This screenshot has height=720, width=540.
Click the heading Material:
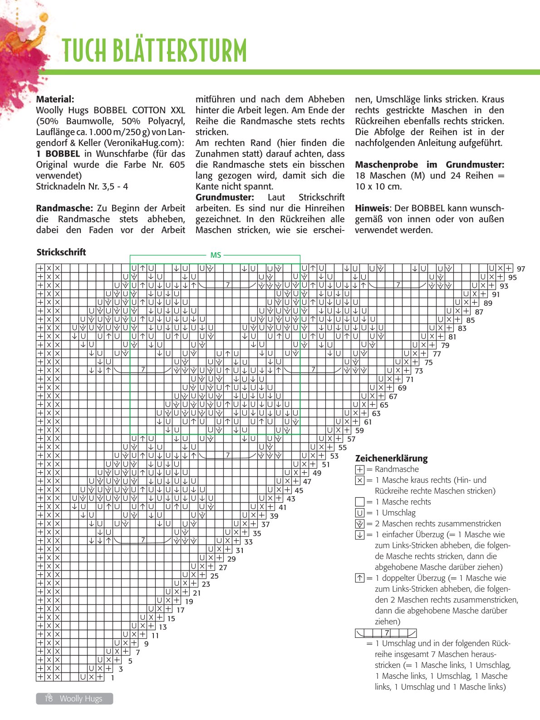click(55, 99)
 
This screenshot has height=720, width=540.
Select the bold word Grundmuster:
click(225, 197)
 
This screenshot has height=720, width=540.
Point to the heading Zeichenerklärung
click(391, 458)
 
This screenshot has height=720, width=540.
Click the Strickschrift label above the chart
click(61, 252)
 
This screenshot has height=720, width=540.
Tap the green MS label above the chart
click(216, 255)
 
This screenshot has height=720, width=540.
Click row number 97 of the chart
click(521, 269)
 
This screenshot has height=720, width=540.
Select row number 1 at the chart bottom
click(113, 678)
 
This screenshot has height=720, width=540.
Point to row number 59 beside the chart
click(359, 431)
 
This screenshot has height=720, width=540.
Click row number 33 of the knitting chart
click(248, 542)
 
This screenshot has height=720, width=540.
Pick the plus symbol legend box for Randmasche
click(360, 470)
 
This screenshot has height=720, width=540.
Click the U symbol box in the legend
click(360, 513)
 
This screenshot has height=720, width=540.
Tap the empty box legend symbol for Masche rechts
click(360, 502)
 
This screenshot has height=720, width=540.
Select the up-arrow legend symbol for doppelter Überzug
click(360, 578)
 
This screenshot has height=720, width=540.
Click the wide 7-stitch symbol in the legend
click(386, 633)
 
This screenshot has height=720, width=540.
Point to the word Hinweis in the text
click(372, 208)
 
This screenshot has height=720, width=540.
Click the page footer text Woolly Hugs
click(81, 699)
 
